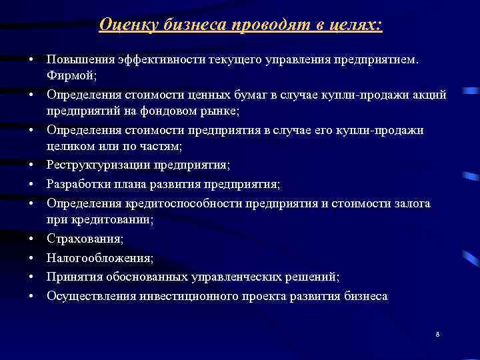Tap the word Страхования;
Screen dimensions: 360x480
click(85, 238)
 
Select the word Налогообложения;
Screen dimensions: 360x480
click(100, 257)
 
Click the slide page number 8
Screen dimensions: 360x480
click(437, 333)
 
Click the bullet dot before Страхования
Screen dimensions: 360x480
click(31, 238)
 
